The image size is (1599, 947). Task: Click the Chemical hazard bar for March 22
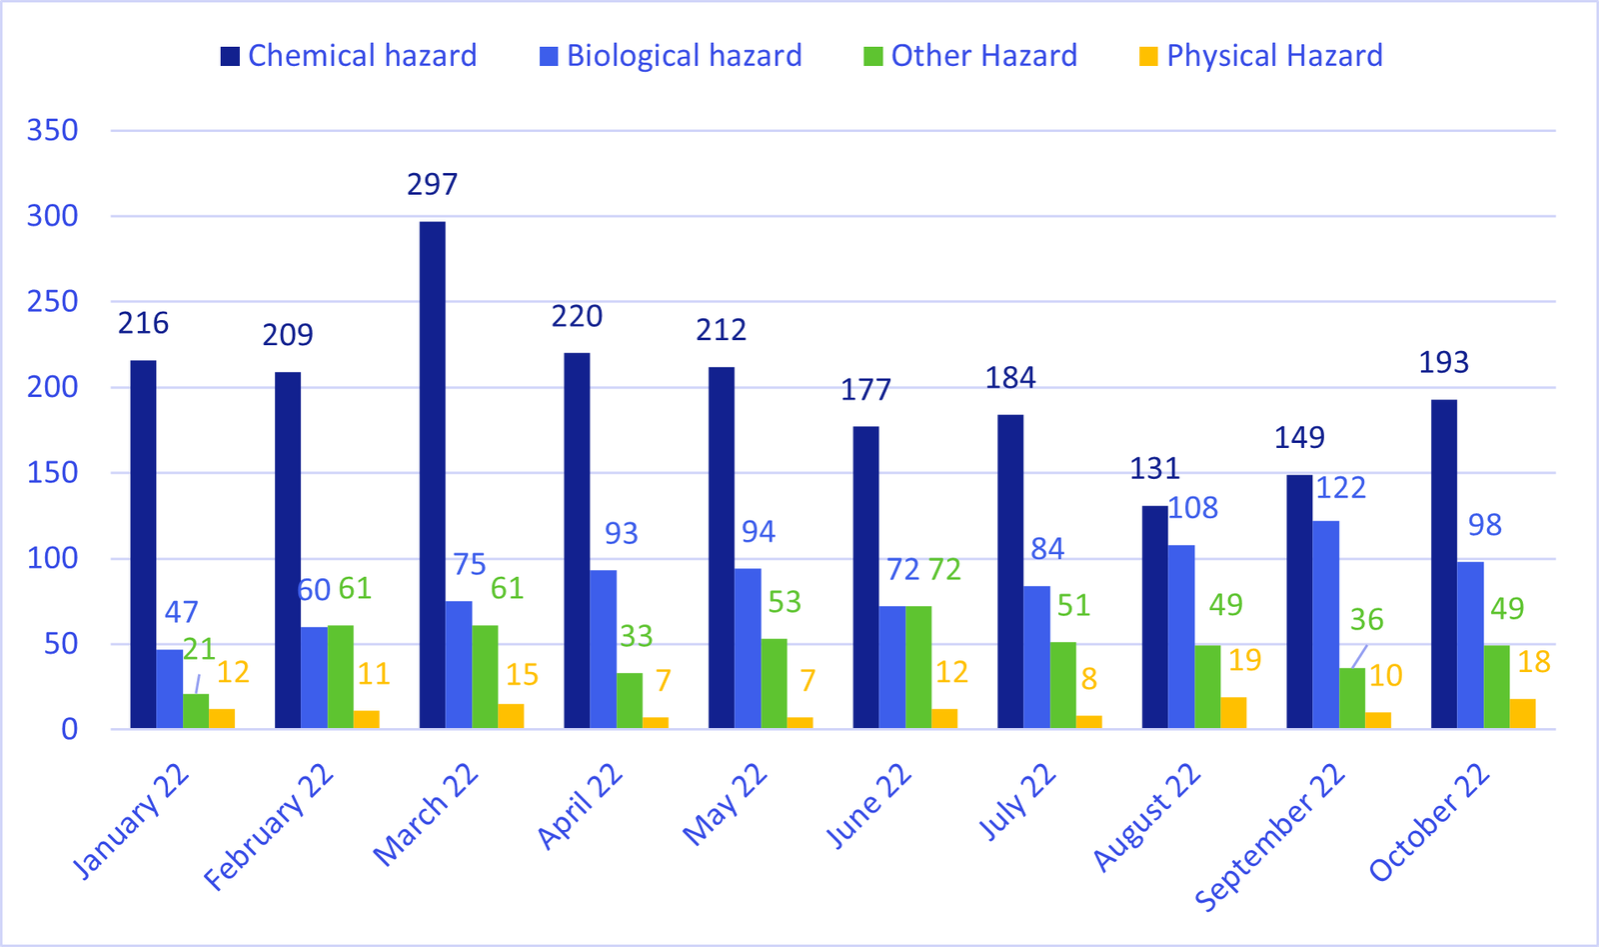tap(432, 475)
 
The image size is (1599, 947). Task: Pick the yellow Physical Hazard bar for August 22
tap(1233, 712)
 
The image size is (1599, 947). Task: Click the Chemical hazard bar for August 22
tap(1154, 617)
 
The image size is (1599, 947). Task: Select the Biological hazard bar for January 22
tap(169, 689)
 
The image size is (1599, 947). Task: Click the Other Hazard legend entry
tap(970, 56)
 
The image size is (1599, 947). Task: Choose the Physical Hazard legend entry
tap(1261, 56)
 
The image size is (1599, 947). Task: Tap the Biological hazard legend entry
tap(671, 56)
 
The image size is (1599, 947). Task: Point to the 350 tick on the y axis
tap(52, 130)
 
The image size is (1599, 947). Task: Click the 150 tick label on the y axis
tap(52, 473)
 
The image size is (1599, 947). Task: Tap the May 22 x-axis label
tap(726, 805)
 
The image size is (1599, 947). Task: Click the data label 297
tap(432, 185)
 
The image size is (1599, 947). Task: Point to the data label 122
tap(1340, 488)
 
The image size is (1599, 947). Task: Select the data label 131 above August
tap(1154, 468)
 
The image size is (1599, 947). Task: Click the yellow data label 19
tap(1244, 660)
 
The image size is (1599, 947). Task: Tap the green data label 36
tap(1366, 620)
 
